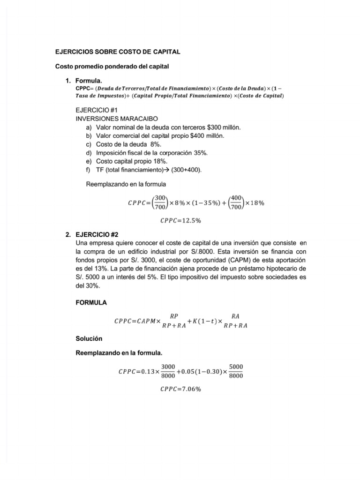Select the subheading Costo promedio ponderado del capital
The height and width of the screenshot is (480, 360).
click(112, 67)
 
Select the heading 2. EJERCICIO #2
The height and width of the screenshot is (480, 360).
click(96, 234)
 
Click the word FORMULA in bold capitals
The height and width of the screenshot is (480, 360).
click(91, 302)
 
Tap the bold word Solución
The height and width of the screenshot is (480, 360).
click(89, 337)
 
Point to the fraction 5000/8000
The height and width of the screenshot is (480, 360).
click(236, 371)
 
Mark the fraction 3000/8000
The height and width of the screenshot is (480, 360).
click(168, 371)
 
